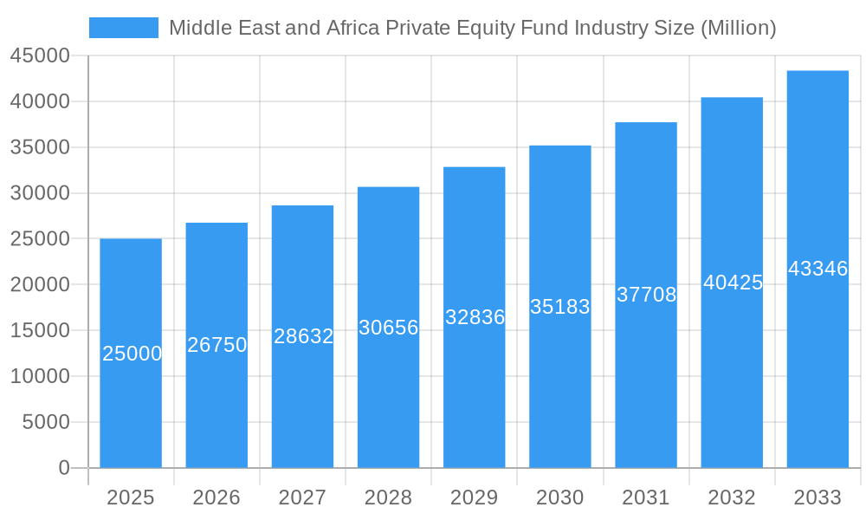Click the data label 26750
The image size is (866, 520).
[217, 345]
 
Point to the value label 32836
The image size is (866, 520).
[475, 317]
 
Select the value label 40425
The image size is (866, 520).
[733, 283]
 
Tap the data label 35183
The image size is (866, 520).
[560, 307]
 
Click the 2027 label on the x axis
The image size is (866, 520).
[302, 497]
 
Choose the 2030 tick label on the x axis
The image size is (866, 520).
[560, 497]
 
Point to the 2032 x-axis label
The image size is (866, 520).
[732, 497]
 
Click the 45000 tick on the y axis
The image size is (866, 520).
[40, 56]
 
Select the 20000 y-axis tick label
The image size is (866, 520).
[40, 285]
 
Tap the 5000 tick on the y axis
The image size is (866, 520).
[45, 422]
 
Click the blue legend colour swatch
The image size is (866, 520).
[124, 28]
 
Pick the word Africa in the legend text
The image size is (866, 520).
[353, 28]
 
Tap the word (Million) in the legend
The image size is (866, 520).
[737, 28]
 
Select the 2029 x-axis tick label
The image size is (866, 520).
[475, 497]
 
